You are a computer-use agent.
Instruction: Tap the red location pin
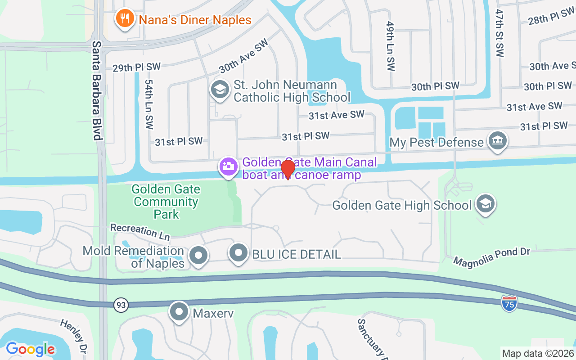(288, 169)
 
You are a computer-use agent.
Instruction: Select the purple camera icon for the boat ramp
(229, 166)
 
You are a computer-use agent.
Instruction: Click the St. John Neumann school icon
(220, 89)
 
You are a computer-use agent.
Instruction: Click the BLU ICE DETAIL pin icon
(238, 253)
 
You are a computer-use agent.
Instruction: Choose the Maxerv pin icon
(180, 312)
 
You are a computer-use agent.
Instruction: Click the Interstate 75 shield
(509, 302)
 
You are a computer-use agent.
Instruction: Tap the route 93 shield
(121, 305)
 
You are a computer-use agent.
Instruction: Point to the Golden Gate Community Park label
(166, 202)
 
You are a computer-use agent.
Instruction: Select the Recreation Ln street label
(140, 231)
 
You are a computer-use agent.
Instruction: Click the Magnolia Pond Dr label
(492, 256)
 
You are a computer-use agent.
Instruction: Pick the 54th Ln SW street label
(149, 104)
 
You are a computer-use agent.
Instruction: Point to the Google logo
(30, 349)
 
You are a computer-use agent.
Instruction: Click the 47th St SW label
(499, 33)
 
